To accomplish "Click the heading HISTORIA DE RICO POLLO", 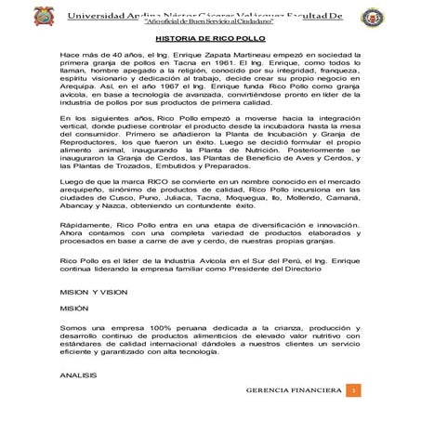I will click(x=210, y=39).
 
